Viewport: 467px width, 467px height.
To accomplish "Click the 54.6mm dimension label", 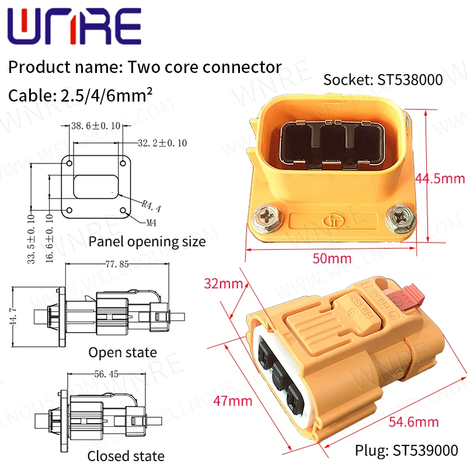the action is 413,420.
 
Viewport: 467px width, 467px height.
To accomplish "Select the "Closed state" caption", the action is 126,456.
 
